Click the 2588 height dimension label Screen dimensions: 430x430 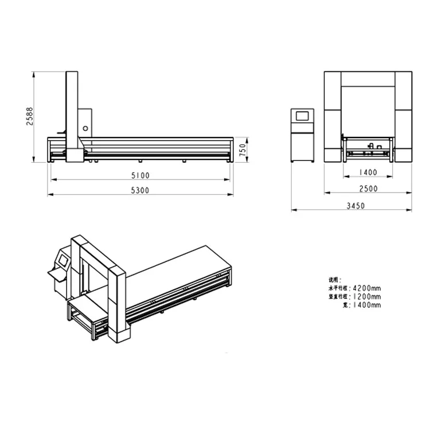click(30, 116)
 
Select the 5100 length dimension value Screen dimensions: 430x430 click(140, 175)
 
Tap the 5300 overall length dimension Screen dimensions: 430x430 click(140, 190)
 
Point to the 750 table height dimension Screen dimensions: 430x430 click(243, 150)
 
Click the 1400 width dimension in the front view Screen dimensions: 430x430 click(369, 172)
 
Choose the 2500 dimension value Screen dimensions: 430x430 click(369, 189)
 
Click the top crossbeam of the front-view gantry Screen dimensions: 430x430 click(368, 79)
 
